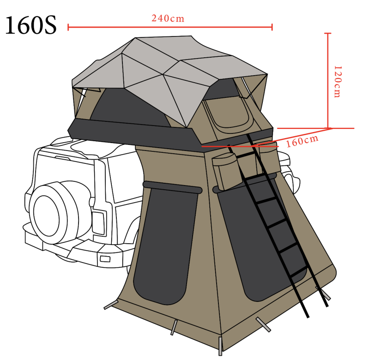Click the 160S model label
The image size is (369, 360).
30,25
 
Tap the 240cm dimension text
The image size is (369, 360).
168,18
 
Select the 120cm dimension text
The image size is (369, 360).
338,81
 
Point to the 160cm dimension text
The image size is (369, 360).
302,141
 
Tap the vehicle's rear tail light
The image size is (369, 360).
98,222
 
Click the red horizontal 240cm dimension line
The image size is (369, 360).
170,27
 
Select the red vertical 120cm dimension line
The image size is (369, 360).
328,81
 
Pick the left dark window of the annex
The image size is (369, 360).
166,245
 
